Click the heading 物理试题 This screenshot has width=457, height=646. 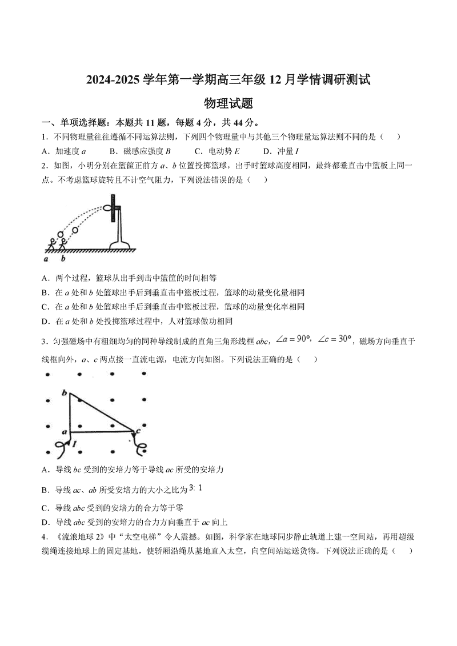(228, 103)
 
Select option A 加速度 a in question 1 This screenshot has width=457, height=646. (63, 151)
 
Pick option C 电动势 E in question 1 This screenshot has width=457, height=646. (217, 151)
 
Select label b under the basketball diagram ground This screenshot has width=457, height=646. (63, 259)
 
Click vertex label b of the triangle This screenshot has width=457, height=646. (65, 392)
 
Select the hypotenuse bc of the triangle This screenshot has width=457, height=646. (103, 412)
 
